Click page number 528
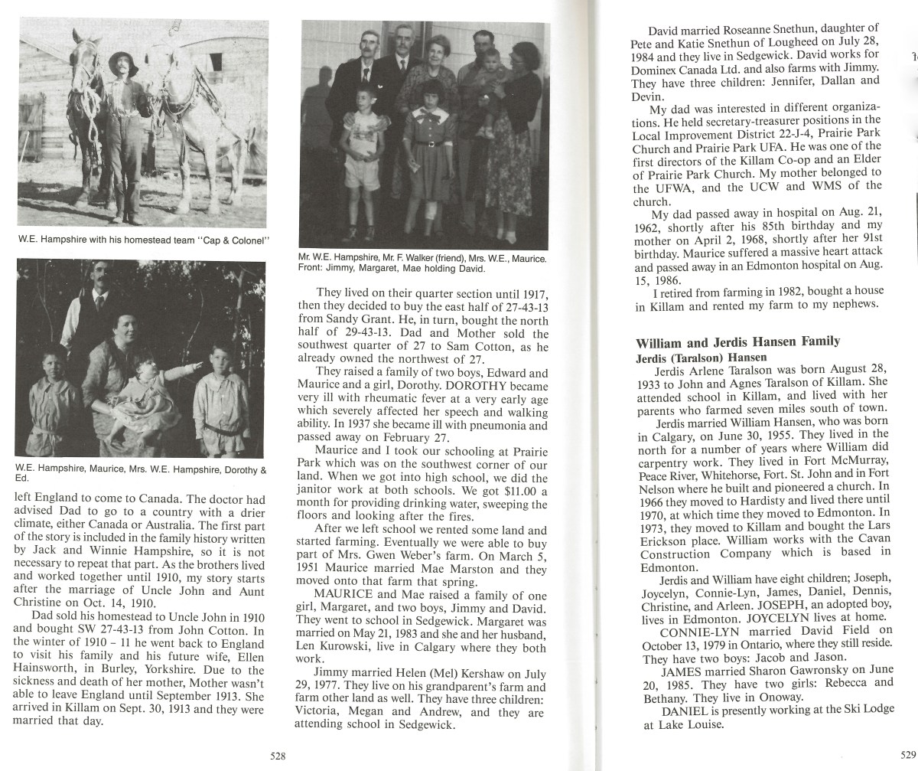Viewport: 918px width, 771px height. [278, 756]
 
